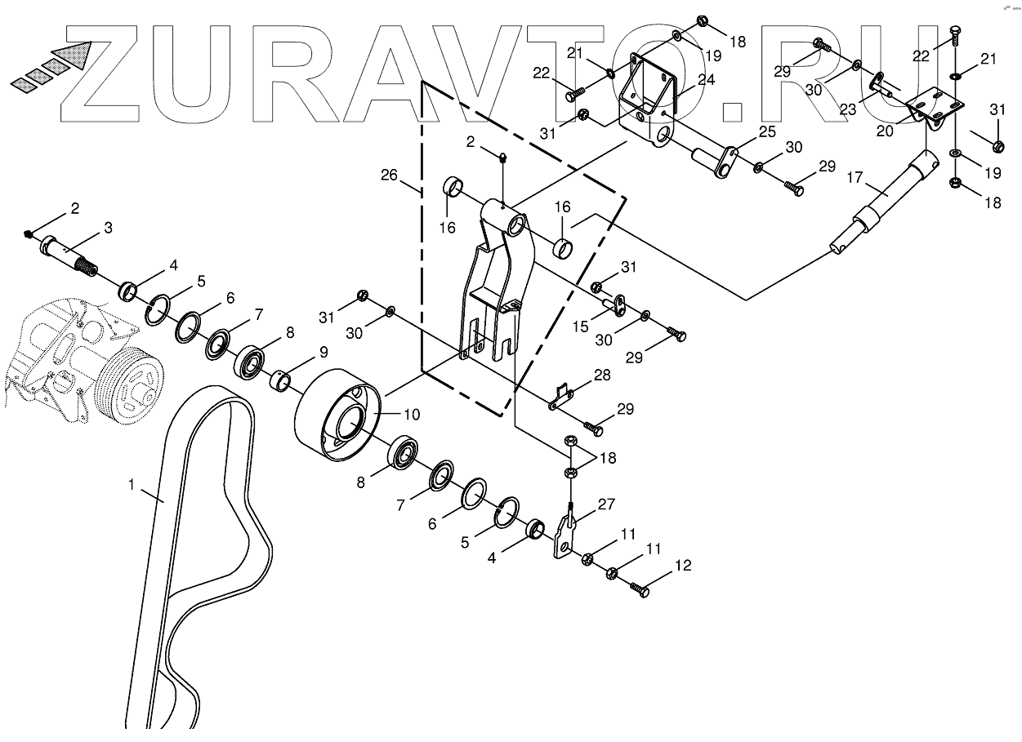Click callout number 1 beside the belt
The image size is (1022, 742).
coord(131,485)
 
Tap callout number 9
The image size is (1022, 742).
coord(324,353)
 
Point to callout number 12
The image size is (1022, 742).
coord(682,565)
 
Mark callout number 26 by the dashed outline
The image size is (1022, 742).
coord(390,175)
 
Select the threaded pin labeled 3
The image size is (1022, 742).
coord(69,252)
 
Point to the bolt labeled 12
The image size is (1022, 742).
coord(639,589)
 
